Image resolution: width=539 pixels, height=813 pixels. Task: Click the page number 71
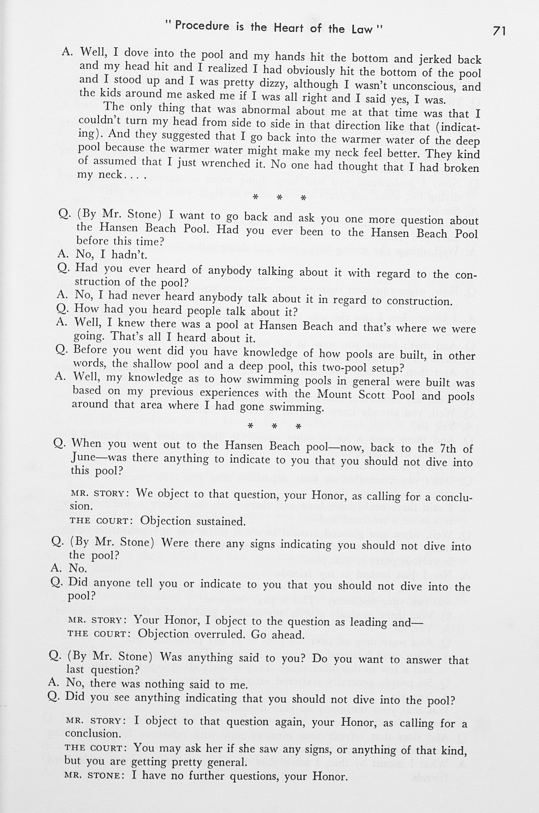[499, 31]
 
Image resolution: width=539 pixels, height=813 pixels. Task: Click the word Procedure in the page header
[202, 26]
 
